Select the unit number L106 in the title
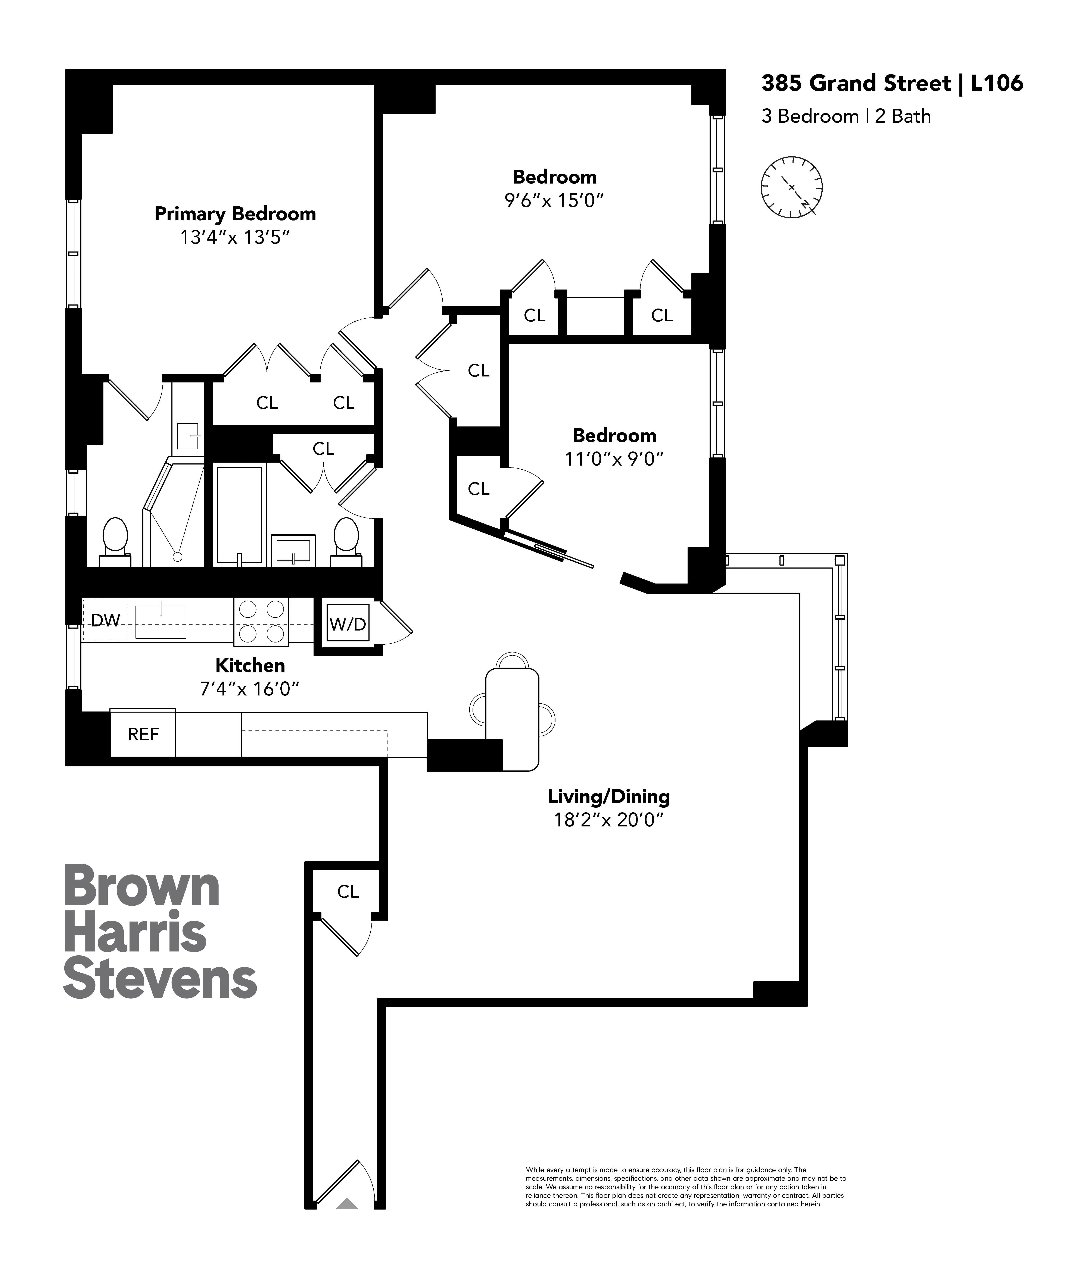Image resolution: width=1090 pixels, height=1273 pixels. [997, 83]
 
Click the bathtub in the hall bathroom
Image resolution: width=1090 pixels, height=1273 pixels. [240, 515]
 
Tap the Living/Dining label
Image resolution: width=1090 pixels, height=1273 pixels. [608, 796]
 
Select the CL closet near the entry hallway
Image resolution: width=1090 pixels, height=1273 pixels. [348, 891]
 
